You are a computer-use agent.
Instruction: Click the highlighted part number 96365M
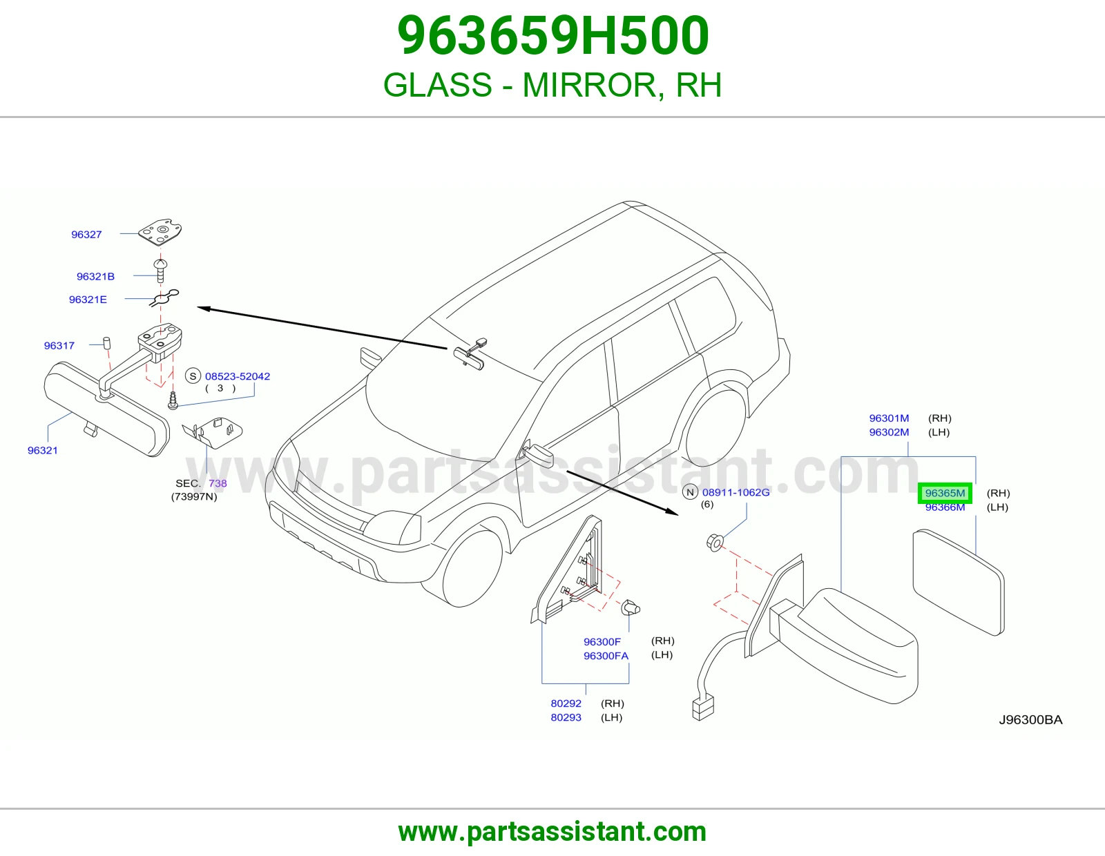point(945,493)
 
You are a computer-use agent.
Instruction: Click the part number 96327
point(86,234)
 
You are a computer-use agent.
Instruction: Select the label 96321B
point(95,277)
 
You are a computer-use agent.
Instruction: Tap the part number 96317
point(59,346)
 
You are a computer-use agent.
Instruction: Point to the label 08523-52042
point(238,376)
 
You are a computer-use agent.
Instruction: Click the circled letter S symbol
point(193,376)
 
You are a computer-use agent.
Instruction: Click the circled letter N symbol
point(690,492)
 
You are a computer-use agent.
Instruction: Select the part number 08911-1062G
point(736,492)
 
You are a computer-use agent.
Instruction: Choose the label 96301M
point(889,418)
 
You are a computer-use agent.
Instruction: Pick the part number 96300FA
point(606,656)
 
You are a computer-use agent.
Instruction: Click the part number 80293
point(566,717)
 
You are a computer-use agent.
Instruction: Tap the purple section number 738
point(218,483)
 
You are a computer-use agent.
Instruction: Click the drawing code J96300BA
point(1030,720)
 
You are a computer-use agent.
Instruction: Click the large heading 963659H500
point(552,35)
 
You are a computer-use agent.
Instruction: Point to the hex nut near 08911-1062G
point(715,543)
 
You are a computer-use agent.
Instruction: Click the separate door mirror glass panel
point(959,582)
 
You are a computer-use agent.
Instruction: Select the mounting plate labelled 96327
point(161,233)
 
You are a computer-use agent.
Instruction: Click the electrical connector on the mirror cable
point(703,708)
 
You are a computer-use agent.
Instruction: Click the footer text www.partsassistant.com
point(552,832)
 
